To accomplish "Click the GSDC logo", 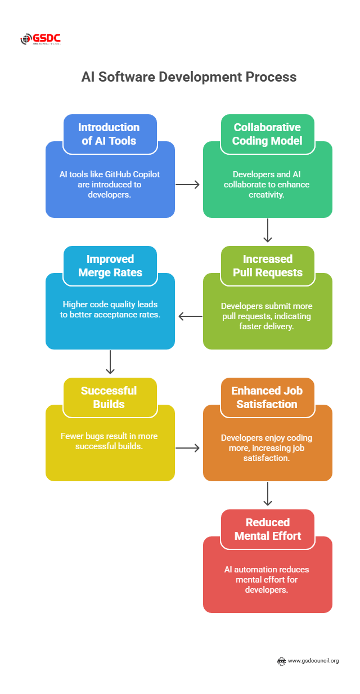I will pyautogui.click(x=40, y=39).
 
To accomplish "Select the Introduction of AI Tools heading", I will pyautogui.click(x=110, y=134).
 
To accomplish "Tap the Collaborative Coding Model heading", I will pyautogui.click(x=267, y=134).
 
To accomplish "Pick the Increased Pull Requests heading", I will pyautogui.click(x=267, y=266).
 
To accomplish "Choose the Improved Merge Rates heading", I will pyautogui.click(x=110, y=266).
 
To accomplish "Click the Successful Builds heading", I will pyautogui.click(x=110, y=397).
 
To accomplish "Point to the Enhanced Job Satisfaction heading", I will pyautogui.click(x=267, y=397).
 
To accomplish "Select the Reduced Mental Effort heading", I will pyautogui.click(x=267, y=529).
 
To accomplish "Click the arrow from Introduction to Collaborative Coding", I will pyautogui.click(x=188, y=185).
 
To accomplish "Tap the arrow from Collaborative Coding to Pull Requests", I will pyautogui.click(x=268, y=230).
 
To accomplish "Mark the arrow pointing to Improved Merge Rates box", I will pyautogui.click(x=190, y=316).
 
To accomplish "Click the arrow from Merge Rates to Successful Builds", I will pyautogui.click(x=110, y=362).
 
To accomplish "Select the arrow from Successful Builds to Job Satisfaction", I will pyautogui.click(x=188, y=448).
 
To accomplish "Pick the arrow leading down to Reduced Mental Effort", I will pyautogui.click(x=268, y=494).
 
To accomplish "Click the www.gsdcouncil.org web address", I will pyautogui.click(x=313, y=661).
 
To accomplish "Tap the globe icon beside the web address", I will pyautogui.click(x=282, y=661).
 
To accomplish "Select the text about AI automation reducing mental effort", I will pyautogui.click(x=267, y=579).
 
